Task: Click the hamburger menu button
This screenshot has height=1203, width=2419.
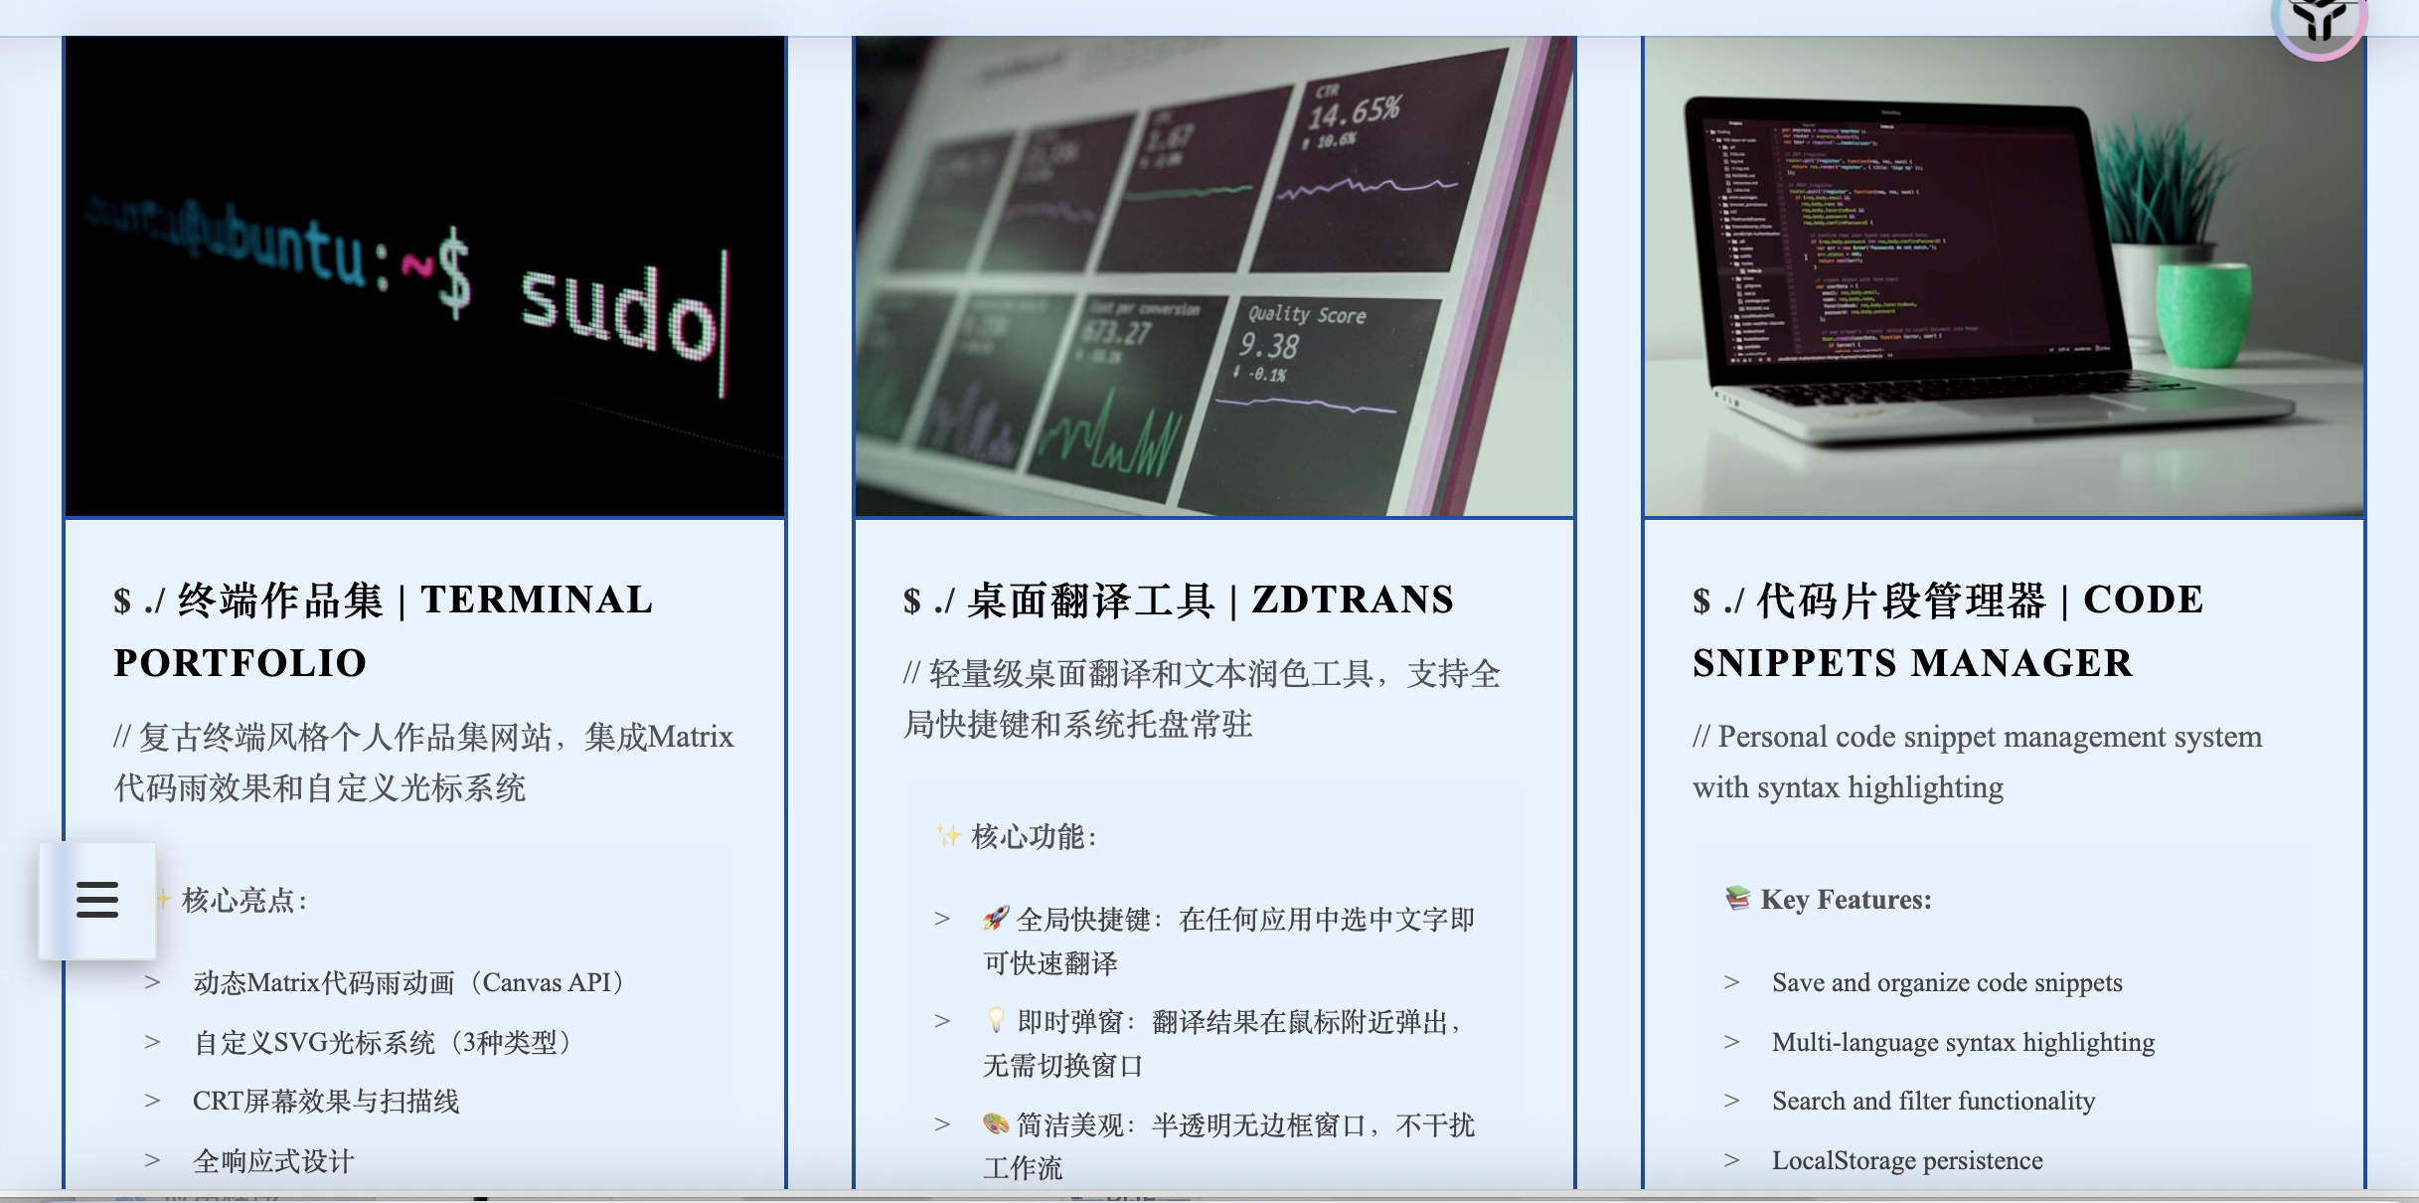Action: coord(97,900)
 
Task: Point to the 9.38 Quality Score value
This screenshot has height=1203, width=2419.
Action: coord(1269,346)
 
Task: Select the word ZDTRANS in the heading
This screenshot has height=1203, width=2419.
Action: coord(1353,600)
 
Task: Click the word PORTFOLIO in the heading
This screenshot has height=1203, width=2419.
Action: coord(241,663)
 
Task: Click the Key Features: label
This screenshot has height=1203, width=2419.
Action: coord(1846,900)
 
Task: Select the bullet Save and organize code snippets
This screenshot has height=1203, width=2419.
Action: coord(1946,983)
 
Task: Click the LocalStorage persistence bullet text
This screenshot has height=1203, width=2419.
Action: coord(1906,1160)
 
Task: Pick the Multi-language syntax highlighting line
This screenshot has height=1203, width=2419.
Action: coord(1963,1042)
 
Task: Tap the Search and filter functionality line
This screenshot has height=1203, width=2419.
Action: coord(1933,1101)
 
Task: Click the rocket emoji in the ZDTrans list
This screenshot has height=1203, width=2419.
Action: coord(996,918)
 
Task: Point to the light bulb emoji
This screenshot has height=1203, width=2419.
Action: coord(996,1020)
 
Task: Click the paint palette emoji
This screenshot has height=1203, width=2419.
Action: coord(996,1123)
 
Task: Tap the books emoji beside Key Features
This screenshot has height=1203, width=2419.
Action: coord(1737,898)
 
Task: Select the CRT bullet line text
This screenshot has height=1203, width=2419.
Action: coord(326,1102)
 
